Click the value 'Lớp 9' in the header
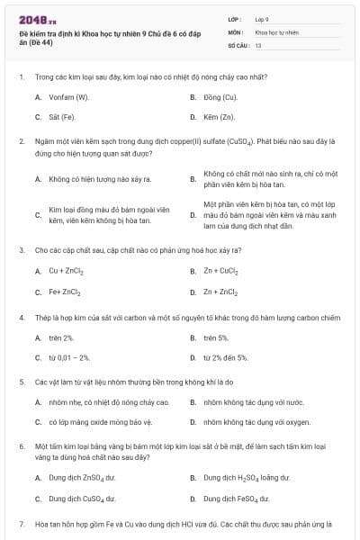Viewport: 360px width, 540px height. (262, 18)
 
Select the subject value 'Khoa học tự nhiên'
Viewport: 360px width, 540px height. (276, 31)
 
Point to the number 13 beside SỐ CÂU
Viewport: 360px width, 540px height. (258, 44)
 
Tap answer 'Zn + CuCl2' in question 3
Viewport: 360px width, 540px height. (220, 270)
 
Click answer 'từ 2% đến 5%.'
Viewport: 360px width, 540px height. (225, 357)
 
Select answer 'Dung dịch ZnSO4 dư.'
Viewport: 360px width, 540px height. (82, 477)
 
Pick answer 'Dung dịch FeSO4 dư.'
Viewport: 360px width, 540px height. (236, 498)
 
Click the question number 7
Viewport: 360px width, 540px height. (21, 523)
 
